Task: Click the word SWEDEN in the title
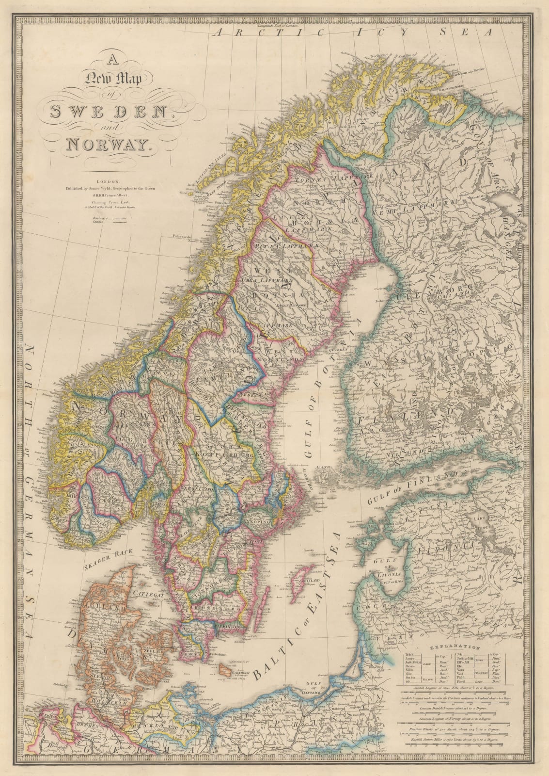pyautogui.click(x=108, y=112)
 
